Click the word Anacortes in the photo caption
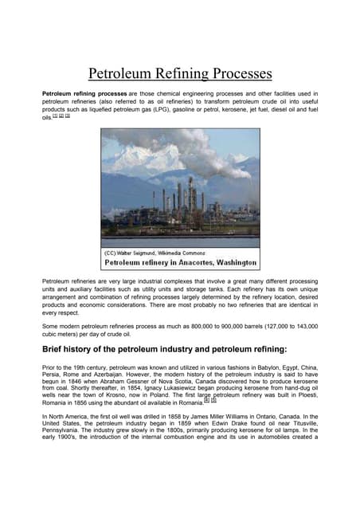[x=185, y=262]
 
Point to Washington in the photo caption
[x=233, y=262]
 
